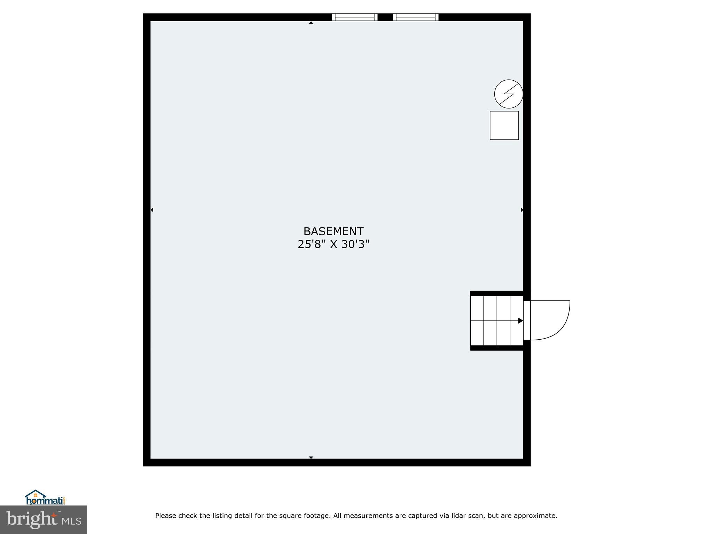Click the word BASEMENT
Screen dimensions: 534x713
333,232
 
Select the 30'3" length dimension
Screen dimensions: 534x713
355,244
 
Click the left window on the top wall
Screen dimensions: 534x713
354,17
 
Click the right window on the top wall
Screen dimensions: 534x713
415,17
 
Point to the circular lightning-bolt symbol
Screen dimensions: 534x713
508,94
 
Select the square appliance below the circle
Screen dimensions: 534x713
504,126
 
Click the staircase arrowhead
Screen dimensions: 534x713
520,321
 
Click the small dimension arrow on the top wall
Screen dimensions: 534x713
311,23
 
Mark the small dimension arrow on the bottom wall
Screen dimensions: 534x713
311,458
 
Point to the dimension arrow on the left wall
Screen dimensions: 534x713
152,210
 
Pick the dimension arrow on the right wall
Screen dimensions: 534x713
522,210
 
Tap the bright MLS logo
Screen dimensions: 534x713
44,520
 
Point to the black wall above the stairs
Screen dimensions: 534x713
496,293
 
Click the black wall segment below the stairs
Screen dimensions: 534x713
496,348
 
